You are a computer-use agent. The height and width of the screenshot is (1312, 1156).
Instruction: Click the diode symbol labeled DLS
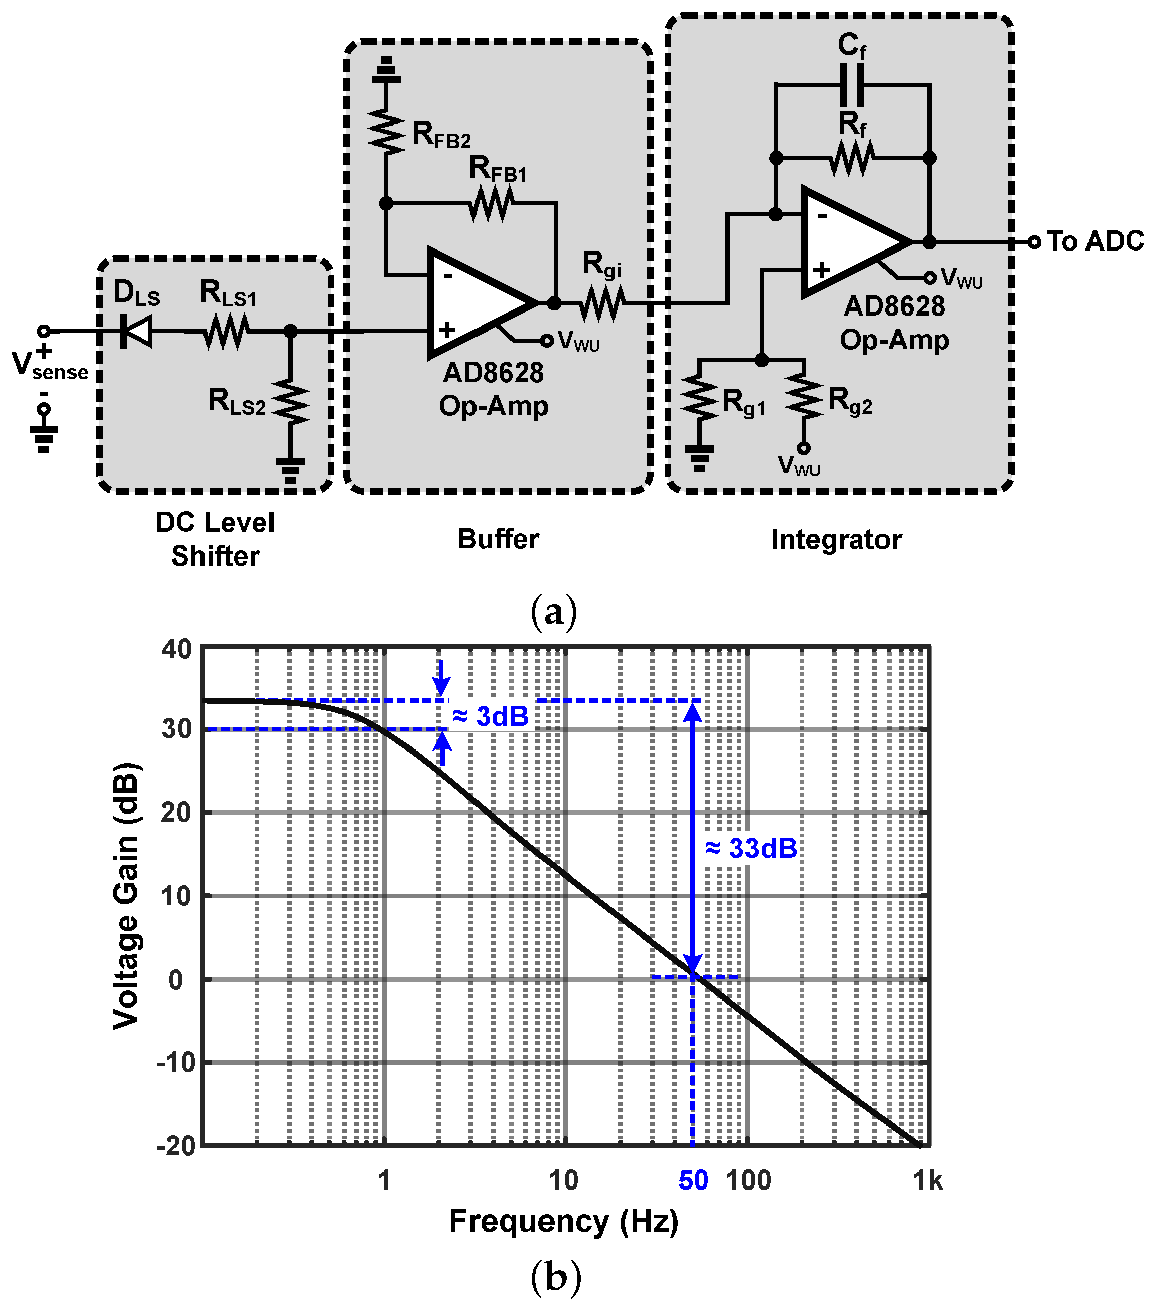tap(136, 332)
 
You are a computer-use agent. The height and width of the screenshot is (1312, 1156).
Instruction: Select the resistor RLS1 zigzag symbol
tap(226, 332)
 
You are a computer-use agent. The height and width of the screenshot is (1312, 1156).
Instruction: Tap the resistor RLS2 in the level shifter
tap(291, 402)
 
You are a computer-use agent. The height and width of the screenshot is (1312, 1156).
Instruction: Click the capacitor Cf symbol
tap(852, 85)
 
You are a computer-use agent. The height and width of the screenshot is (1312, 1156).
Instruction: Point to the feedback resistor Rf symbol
tap(852, 158)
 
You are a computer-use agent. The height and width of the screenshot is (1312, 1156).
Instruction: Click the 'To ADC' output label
tap(1095, 241)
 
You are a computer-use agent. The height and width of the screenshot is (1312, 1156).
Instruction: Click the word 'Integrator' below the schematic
tap(836, 540)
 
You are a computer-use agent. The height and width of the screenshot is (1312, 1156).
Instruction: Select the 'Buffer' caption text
tap(498, 539)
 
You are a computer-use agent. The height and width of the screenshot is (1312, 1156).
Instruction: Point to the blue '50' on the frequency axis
tap(693, 1181)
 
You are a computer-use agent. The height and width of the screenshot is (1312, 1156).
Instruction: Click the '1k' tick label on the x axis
tap(928, 1181)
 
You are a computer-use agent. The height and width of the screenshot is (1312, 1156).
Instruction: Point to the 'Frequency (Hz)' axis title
tap(563, 1221)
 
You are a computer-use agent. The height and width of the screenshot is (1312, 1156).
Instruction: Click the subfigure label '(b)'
tap(556, 1277)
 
